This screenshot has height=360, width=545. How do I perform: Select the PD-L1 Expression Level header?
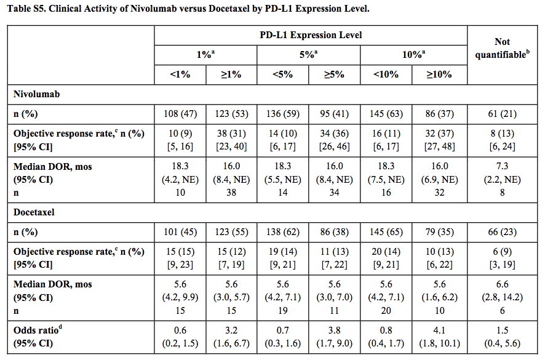(x=311, y=35)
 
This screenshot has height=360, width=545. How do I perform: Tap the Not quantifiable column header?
(x=502, y=48)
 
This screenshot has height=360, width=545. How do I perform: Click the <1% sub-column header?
(x=180, y=75)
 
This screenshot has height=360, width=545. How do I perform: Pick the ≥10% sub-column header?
(x=440, y=75)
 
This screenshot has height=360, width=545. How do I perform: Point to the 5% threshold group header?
(x=309, y=55)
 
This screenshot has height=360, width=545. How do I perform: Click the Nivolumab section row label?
(x=39, y=95)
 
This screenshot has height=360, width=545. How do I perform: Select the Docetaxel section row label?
(x=36, y=212)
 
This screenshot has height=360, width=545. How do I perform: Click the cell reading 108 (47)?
(x=180, y=114)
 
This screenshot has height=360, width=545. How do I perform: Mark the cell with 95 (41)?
(x=335, y=114)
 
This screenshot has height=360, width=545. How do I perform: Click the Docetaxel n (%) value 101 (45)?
(x=180, y=231)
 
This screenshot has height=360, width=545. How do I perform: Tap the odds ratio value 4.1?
(x=440, y=330)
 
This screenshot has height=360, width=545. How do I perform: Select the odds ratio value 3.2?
(x=232, y=330)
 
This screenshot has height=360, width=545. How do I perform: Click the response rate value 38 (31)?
(x=232, y=134)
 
